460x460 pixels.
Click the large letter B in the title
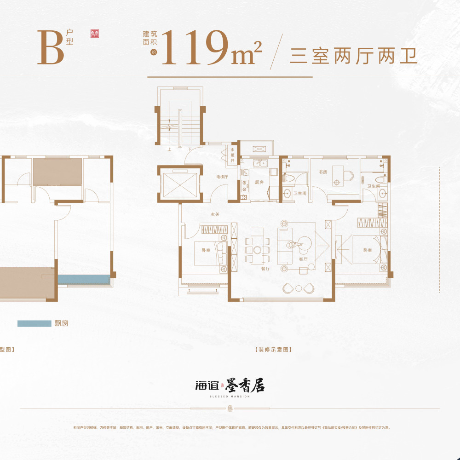pos(51,48)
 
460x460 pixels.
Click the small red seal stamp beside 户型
pos(95,34)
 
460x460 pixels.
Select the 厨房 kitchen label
pos(259,182)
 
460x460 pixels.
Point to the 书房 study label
pos(322,172)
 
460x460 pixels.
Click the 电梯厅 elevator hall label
pos(222,177)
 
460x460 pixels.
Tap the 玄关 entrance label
pos(215,214)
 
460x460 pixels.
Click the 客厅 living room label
pos(303,259)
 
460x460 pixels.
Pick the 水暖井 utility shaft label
pos(233,155)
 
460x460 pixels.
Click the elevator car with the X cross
pos(177,184)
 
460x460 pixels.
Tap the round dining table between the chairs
pos(258,250)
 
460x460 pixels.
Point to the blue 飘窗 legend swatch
pos(34,323)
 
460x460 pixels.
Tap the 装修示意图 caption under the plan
pos(273,350)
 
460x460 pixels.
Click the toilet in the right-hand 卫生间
pos(380,180)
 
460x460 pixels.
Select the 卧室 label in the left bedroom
pos(206,250)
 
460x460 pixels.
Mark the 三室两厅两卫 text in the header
pos(353,56)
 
